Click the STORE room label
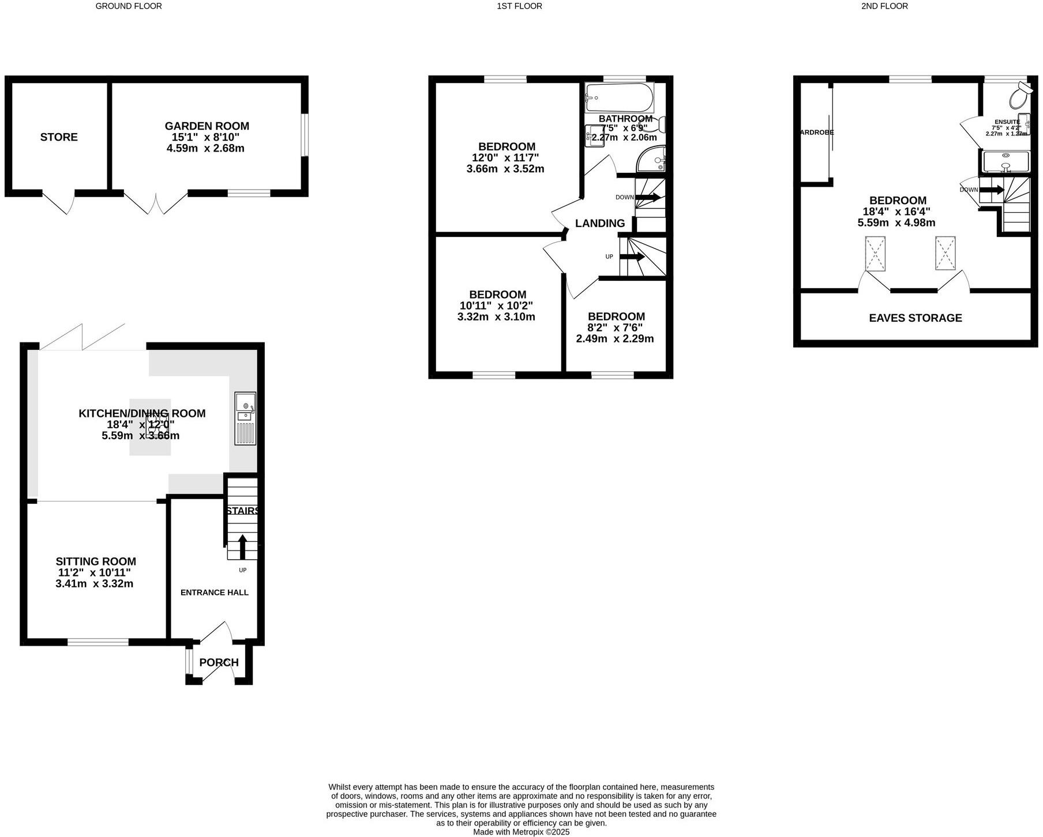click(x=59, y=137)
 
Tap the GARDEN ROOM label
click(x=207, y=126)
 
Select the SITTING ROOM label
click(x=96, y=561)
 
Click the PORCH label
click(x=219, y=662)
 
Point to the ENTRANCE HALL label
click(x=215, y=593)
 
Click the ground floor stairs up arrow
click(x=242, y=546)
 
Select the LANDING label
click(x=600, y=224)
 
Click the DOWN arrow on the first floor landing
click(x=647, y=197)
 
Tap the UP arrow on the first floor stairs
click(x=632, y=257)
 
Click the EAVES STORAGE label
click(x=916, y=318)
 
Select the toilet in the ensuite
click(x=1020, y=96)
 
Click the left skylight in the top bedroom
click(x=875, y=254)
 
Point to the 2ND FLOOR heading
click(x=884, y=6)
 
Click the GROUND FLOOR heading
click(x=129, y=6)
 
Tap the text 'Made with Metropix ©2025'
click(x=521, y=832)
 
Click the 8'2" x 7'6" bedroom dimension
click(x=615, y=328)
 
